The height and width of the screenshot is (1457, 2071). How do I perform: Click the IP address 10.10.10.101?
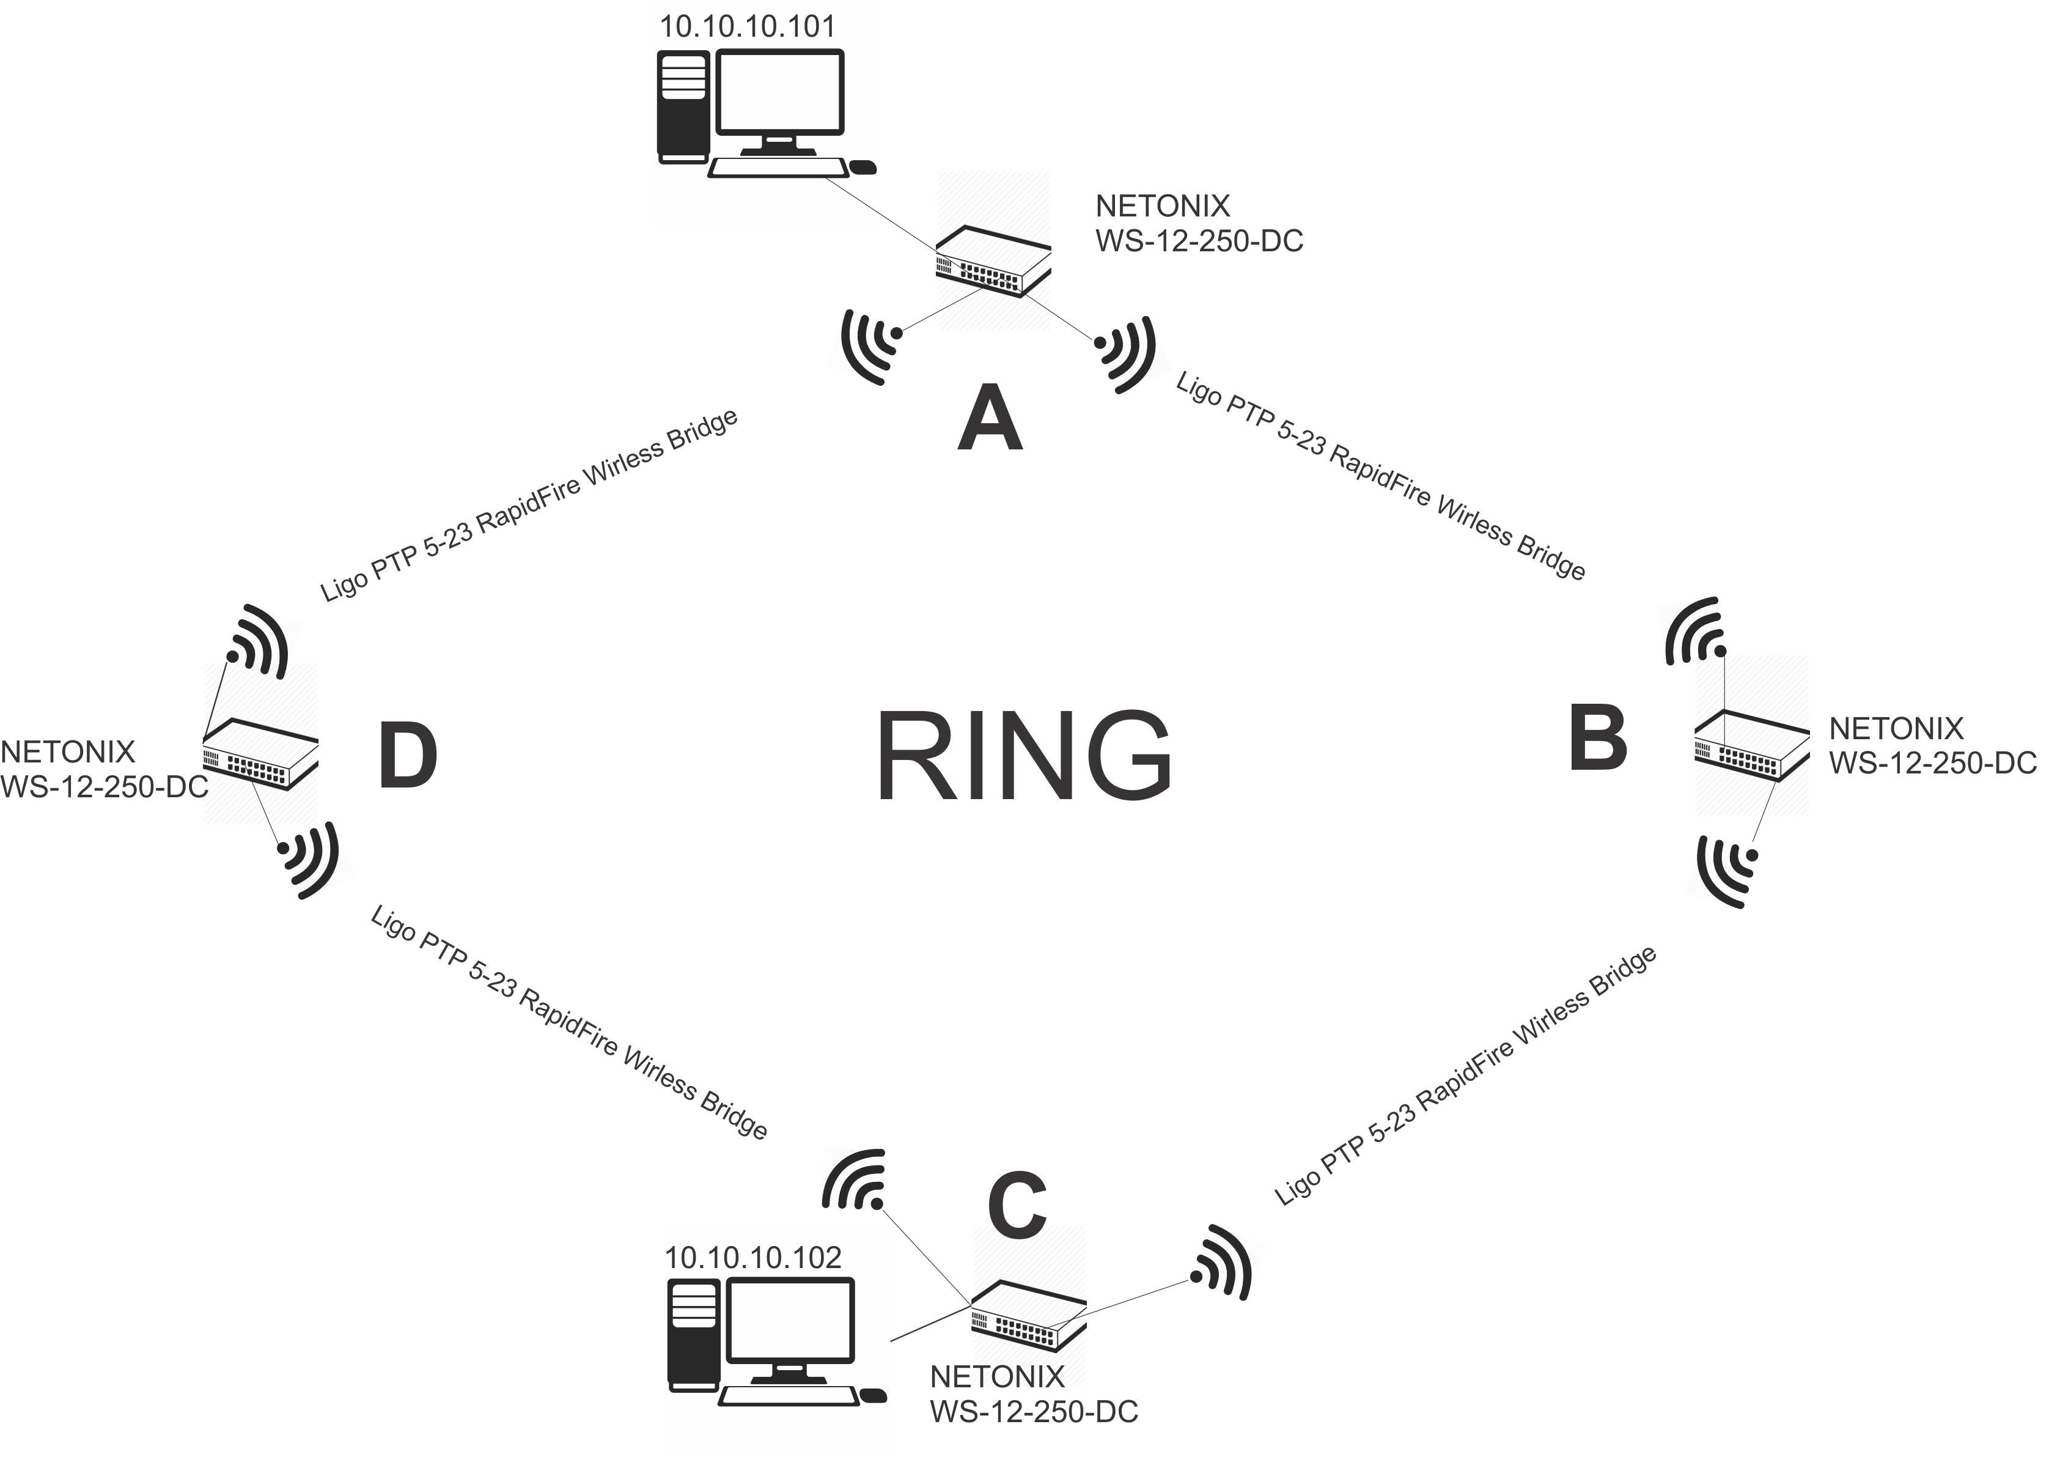748,26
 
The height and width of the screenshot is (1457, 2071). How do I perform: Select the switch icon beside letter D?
260,753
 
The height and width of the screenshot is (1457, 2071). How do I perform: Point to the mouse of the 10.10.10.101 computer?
863,168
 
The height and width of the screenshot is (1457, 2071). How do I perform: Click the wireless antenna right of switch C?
1229,1261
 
